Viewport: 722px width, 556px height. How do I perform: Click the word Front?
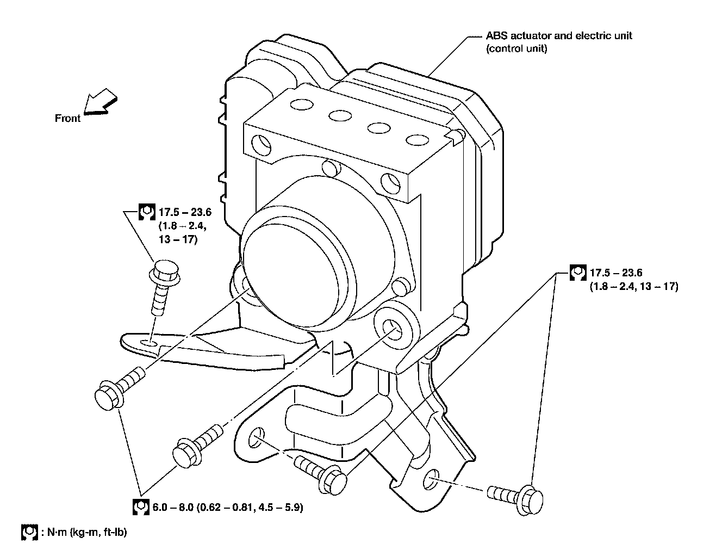tap(67, 118)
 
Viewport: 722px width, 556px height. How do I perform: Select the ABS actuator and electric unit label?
tap(558, 36)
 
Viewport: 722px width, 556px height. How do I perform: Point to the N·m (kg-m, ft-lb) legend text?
tap(87, 532)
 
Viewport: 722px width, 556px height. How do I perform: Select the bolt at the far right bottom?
tap(516, 495)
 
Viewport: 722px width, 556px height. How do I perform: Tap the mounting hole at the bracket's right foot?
tap(431, 477)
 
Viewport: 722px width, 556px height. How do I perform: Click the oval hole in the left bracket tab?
tap(148, 342)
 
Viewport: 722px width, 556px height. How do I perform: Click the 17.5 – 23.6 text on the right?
tap(616, 273)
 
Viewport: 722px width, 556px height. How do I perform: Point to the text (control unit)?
tap(516, 48)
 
